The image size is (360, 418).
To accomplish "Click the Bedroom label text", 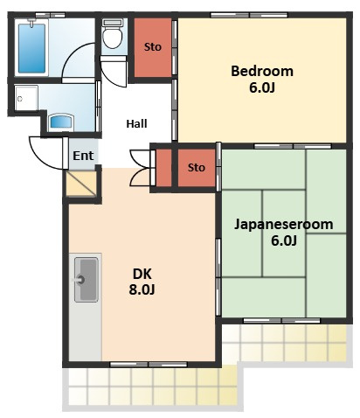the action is tap(262, 72).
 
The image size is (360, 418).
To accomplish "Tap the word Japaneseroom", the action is tap(284, 225).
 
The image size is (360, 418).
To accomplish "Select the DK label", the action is tap(142, 274).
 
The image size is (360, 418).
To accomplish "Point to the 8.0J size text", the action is tap(142, 289).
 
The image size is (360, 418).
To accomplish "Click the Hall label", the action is tap(136, 124).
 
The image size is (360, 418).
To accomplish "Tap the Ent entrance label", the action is tap(83, 156).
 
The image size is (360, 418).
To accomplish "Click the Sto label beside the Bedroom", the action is tap(153, 46).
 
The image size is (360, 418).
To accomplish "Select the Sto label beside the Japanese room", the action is tap(197, 168).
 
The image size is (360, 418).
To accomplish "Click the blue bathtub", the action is tap(31, 48).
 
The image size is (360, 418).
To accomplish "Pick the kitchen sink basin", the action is tap(86, 280).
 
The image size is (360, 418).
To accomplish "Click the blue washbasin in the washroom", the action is tap(61, 122).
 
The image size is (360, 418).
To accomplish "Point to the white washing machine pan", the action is tap(26, 98).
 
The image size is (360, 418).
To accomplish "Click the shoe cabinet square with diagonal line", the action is tap(81, 184).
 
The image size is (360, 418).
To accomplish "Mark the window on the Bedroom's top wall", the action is tap(249, 15).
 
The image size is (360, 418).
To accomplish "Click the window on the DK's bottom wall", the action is tap(149, 364).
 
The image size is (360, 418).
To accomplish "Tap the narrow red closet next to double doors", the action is tap(164, 168).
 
